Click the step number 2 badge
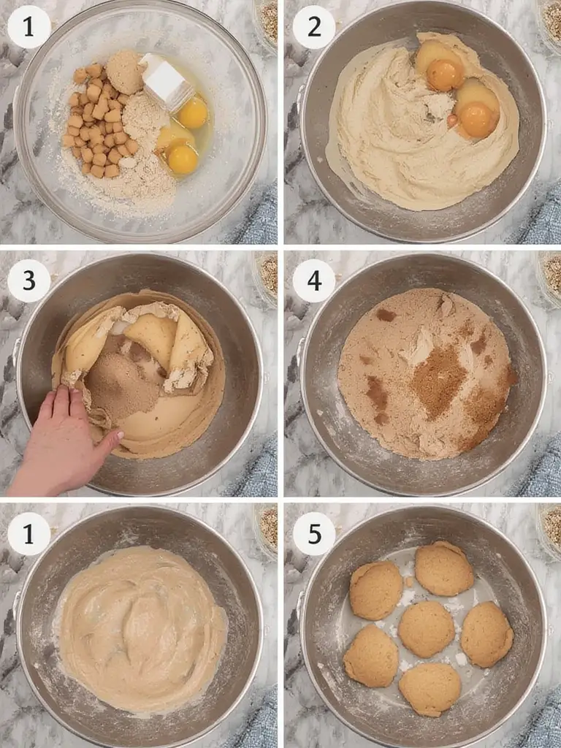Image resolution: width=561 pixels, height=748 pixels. pyautogui.click(x=313, y=27)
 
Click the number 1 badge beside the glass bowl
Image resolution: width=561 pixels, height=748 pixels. pyautogui.click(x=28, y=27)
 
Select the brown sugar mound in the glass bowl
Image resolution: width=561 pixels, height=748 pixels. pyautogui.click(x=126, y=72)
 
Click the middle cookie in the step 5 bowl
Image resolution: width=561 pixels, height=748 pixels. pyautogui.click(x=427, y=628)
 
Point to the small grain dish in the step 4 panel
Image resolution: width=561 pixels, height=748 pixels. pyautogui.click(x=552, y=273)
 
